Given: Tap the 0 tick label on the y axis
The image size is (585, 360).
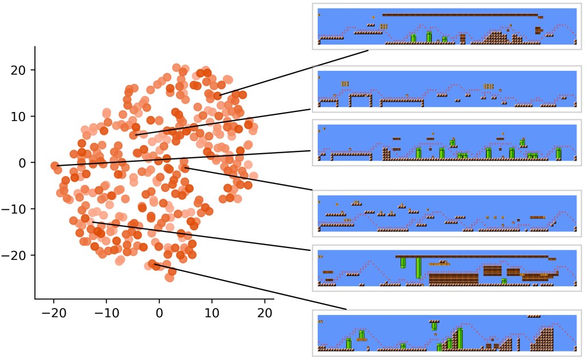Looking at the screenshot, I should tap(22, 163).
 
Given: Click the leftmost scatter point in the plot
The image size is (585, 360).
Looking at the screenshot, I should tap(54, 166).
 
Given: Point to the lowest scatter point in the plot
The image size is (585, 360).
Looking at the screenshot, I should tap(170, 277).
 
